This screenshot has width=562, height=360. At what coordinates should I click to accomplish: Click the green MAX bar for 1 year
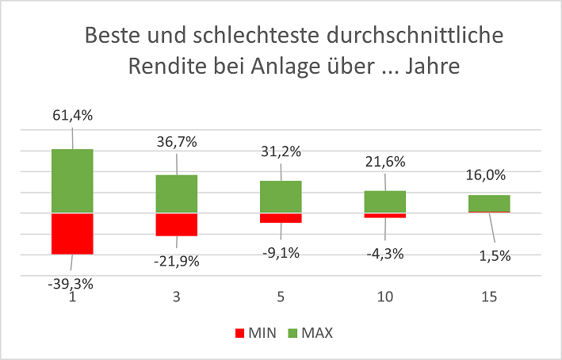pyautogui.click(x=73, y=181)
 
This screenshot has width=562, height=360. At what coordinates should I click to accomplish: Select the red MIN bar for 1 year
pyautogui.click(x=73, y=233)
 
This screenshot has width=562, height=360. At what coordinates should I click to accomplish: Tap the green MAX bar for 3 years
pyautogui.click(x=176, y=193)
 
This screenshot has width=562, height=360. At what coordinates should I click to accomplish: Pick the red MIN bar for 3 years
pyautogui.click(x=176, y=224)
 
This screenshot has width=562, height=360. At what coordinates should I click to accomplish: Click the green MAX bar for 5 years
pyautogui.click(x=281, y=197)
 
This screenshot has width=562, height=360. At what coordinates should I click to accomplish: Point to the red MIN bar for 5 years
pyautogui.click(x=281, y=218)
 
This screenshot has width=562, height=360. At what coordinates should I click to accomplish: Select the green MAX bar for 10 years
pyautogui.click(x=385, y=201)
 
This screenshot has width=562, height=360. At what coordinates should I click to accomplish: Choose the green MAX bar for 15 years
pyautogui.click(x=489, y=204)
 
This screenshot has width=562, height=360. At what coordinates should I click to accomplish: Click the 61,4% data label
pyautogui.click(x=73, y=116)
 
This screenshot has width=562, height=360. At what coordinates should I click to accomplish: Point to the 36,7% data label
pyautogui.click(x=177, y=143)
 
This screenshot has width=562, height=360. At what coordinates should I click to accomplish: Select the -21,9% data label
pyautogui.click(x=176, y=259)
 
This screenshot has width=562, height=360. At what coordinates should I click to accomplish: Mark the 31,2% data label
pyautogui.click(x=281, y=150)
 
